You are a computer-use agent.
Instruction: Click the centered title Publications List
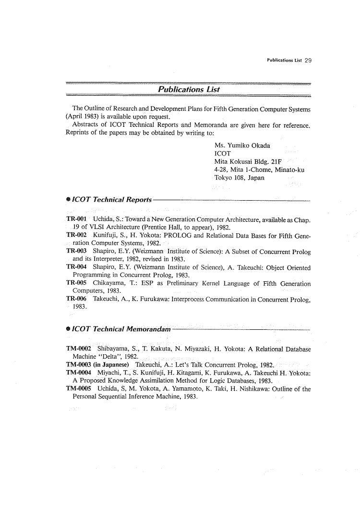(189, 89)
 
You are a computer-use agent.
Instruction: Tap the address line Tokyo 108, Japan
(239, 178)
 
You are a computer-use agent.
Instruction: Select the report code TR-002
(76, 235)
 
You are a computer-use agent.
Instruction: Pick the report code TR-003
(76, 252)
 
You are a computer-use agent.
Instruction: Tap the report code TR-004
(76, 267)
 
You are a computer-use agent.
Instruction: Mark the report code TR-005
(76, 283)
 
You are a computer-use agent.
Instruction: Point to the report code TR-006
(76, 299)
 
